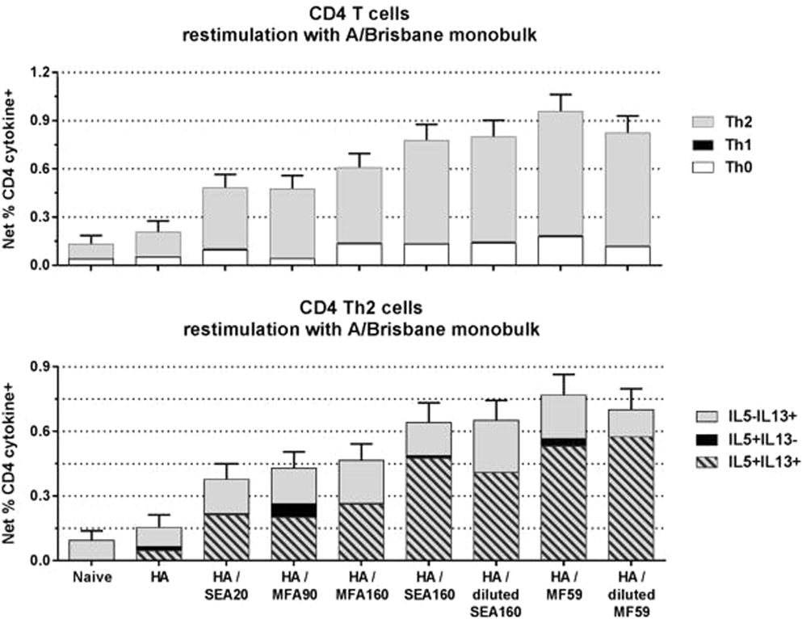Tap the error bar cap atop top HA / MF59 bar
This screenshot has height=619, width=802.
560,95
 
